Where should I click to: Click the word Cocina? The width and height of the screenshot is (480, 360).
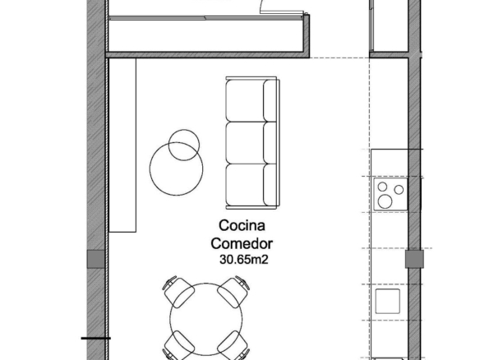point(242,225)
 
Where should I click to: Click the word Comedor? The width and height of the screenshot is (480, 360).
point(242,243)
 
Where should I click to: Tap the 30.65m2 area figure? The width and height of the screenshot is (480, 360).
point(243,260)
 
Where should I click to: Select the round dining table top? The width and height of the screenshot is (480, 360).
point(206,319)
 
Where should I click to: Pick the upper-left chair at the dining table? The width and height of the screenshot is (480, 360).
point(178,291)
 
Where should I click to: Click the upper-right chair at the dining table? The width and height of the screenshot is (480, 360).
point(234,291)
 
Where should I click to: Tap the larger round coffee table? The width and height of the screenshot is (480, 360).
point(176,168)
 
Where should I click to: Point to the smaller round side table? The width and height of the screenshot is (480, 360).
point(184,145)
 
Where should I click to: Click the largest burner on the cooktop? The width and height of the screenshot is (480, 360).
point(385,201)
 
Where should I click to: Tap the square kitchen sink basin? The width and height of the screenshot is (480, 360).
point(388,301)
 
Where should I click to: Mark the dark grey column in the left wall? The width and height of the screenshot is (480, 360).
point(96,259)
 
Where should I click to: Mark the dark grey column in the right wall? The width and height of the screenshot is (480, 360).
point(414,259)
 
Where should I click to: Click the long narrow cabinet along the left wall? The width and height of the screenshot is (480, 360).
point(122,145)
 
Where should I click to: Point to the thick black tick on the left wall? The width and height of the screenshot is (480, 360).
point(95,339)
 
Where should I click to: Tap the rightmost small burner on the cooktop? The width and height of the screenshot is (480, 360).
point(399,190)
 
